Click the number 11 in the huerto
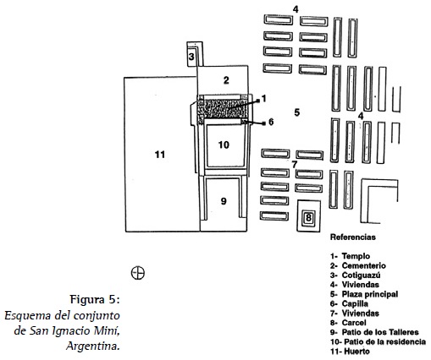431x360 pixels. [x=160, y=155]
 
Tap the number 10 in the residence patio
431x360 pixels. [x=224, y=145]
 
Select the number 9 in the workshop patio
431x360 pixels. [x=224, y=201]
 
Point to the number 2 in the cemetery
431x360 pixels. [x=226, y=80]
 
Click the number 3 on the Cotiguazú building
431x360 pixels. [x=191, y=57]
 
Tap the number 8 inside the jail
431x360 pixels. [x=308, y=217]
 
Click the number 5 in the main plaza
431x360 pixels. [x=296, y=112]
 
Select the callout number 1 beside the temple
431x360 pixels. [x=264, y=99]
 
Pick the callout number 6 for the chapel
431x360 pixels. [x=271, y=122]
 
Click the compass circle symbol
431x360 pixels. [x=138, y=273]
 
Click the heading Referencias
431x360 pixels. [x=353, y=237]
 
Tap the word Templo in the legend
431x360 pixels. [x=356, y=256]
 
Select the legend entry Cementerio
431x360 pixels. [x=363, y=265]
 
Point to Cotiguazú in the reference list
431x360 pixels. [x=361, y=275]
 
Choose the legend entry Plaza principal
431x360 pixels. [x=370, y=294]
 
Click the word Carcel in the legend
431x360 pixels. [x=354, y=323]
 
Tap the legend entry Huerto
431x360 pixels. [x=356, y=352]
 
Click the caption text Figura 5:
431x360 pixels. [x=95, y=299]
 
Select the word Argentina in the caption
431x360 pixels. [x=91, y=346]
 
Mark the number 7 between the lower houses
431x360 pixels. [x=295, y=164]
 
